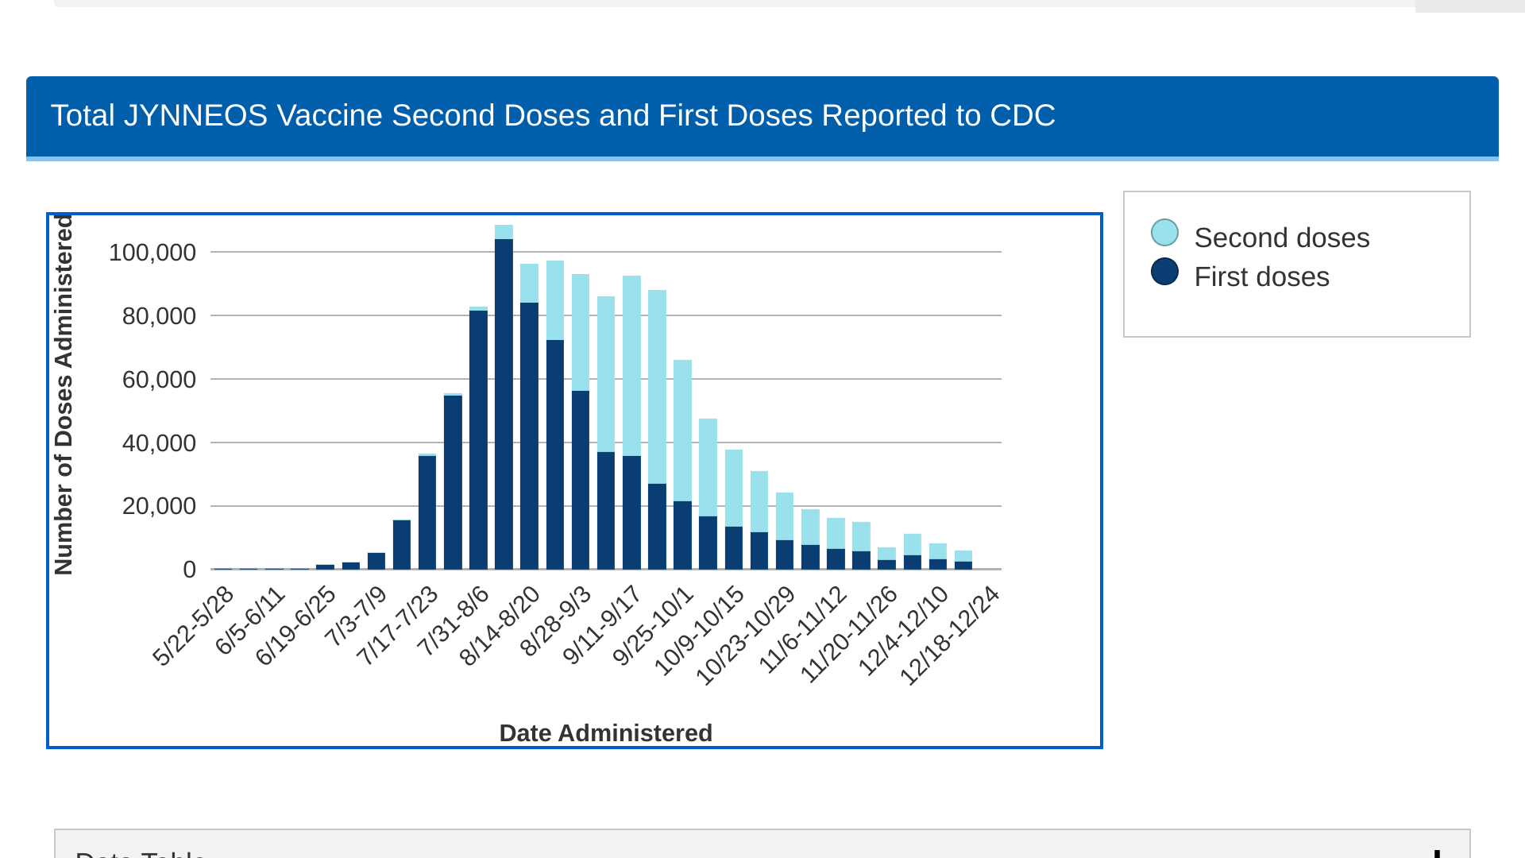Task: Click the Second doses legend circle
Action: tap(1164, 233)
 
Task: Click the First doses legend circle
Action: tap(1164, 272)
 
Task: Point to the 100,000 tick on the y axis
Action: tap(152, 253)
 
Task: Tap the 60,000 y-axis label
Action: tap(159, 380)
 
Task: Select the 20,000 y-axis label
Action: tap(159, 506)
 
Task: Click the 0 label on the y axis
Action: tap(189, 570)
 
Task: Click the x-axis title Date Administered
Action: tap(605, 732)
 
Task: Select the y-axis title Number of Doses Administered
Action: tap(64, 395)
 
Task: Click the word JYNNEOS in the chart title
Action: tap(195, 116)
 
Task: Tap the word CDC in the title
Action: tap(1022, 116)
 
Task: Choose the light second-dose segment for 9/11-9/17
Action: tap(631, 365)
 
